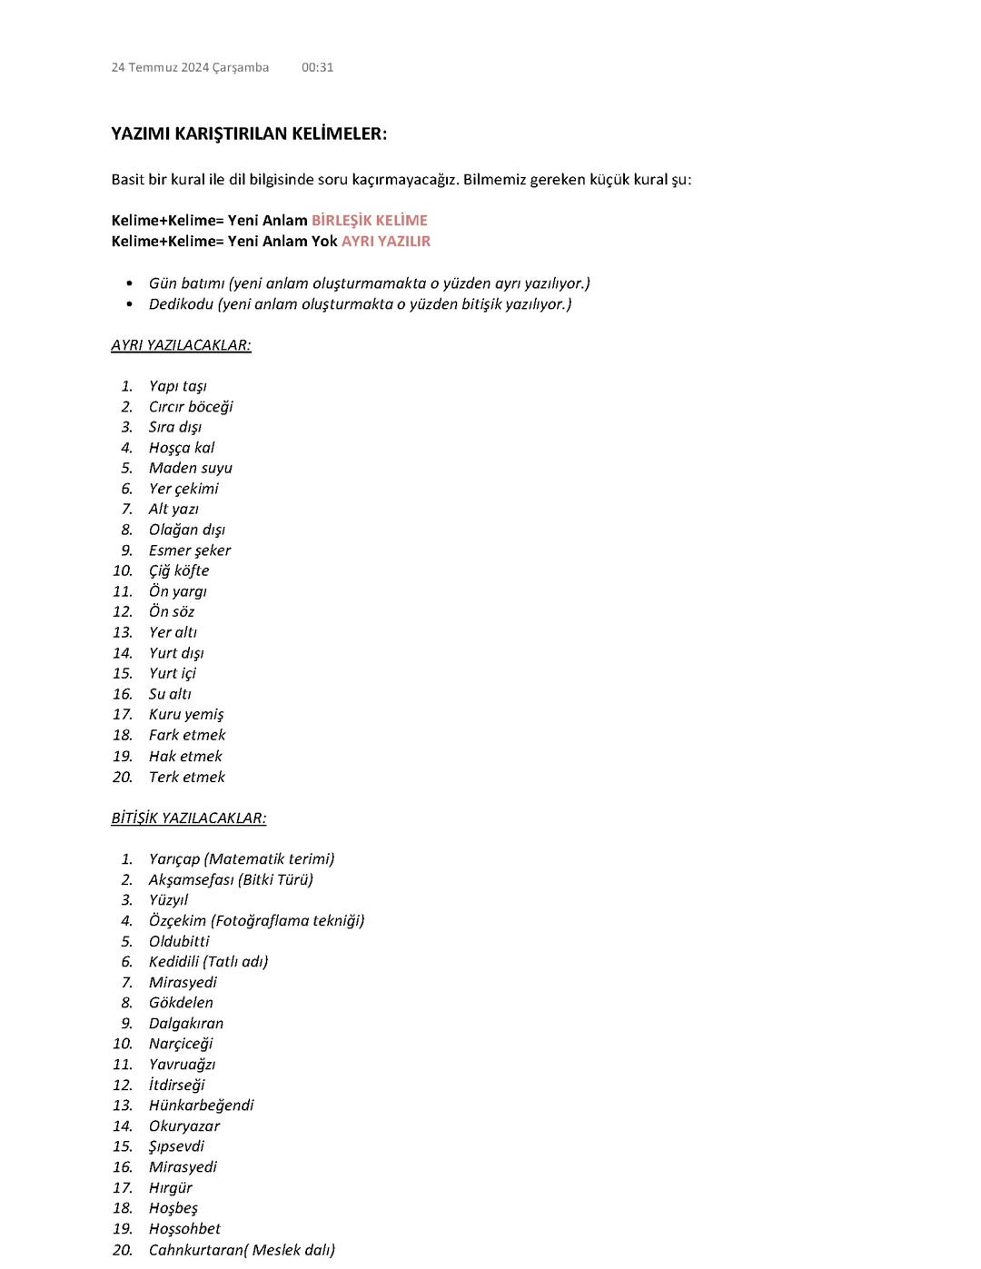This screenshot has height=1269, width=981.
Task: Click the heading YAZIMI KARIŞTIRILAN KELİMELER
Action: (x=249, y=134)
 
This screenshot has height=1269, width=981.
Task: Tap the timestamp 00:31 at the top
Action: (x=317, y=67)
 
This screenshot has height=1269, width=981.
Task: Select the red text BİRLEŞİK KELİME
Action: (x=369, y=220)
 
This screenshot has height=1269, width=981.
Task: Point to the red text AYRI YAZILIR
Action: (x=385, y=241)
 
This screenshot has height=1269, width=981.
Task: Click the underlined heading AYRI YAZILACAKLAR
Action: (x=181, y=345)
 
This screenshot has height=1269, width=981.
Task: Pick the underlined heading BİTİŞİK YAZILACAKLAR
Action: (x=189, y=818)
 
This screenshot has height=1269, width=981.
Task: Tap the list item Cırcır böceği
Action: (x=191, y=406)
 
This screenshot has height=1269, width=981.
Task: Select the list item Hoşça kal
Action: (x=182, y=447)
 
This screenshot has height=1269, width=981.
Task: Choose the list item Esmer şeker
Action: (x=190, y=550)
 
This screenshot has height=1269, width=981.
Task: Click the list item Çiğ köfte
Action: (x=179, y=570)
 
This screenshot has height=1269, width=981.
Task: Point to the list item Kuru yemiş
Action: (x=186, y=714)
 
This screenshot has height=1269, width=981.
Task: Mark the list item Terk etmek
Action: (x=187, y=777)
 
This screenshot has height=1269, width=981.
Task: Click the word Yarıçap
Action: (x=174, y=858)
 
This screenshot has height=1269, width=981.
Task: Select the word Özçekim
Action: (x=177, y=920)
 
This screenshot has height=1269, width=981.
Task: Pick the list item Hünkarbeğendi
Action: (x=201, y=1105)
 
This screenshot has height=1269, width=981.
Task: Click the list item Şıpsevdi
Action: (x=176, y=1145)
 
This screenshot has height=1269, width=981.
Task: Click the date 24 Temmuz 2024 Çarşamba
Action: (x=190, y=67)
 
